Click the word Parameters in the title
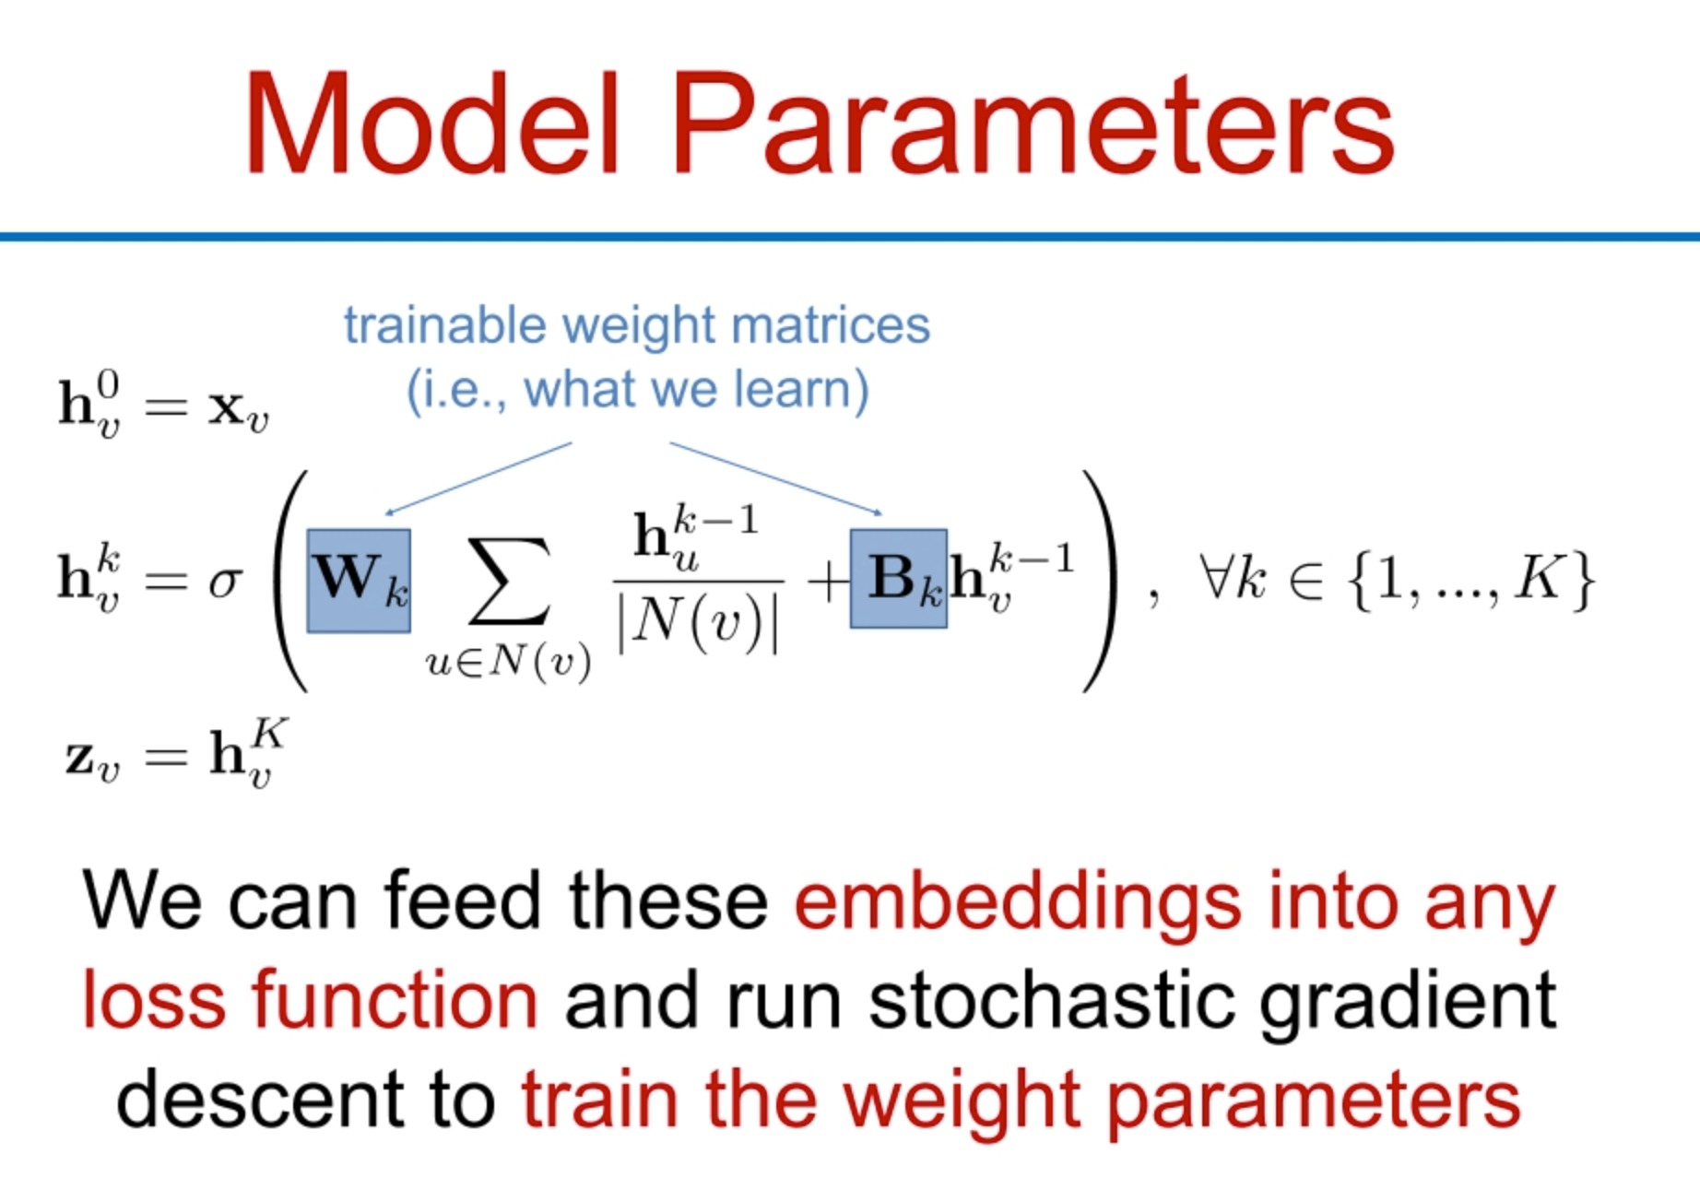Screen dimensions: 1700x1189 tap(1033, 124)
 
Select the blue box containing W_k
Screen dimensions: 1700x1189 tap(359, 581)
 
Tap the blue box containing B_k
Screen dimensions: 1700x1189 tap(898, 579)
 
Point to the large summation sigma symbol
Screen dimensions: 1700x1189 tap(510, 581)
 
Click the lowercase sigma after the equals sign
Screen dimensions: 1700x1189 tap(225, 583)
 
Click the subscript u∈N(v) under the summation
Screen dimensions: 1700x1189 tap(508, 663)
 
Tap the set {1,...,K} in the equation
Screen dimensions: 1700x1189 tap(1470, 580)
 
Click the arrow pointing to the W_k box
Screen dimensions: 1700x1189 tap(478, 478)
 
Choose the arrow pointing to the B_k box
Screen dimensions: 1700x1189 tap(776, 478)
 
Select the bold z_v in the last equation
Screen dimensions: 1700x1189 tap(92, 761)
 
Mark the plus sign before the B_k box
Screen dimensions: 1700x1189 tap(827, 583)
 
